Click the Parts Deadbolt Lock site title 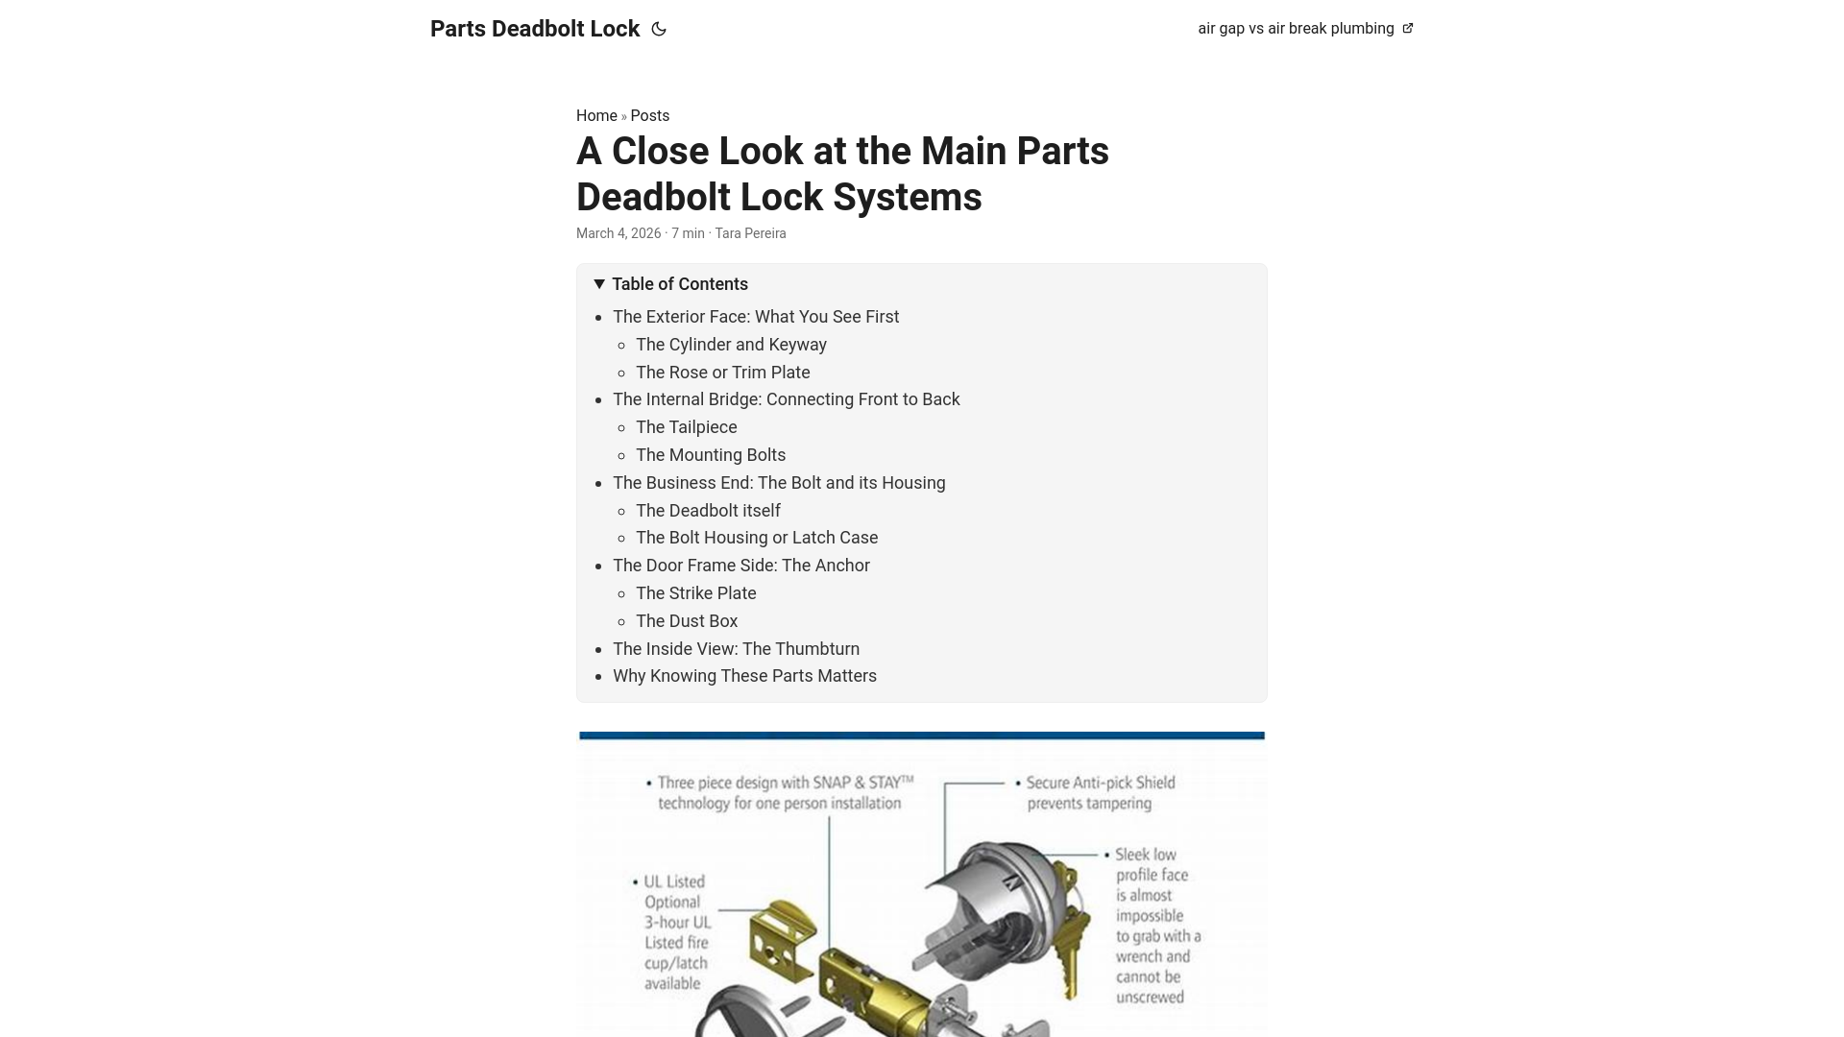[x=534, y=29]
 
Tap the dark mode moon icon [x=659, y=29]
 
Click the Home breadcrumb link [x=596, y=115]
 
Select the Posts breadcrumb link [x=650, y=115]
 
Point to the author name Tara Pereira [x=750, y=233]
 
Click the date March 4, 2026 [x=619, y=233]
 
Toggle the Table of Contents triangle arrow [x=599, y=283]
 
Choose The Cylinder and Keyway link [x=731, y=344]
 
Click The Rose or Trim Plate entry [x=722, y=372]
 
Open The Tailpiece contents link [x=686, y=426]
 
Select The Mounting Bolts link [x=711, y=454]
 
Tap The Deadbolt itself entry [x=708, y=510]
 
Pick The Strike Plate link [x=695, y=592]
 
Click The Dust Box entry [x=687, y=620]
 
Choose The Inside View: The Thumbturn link [x=736, y=648]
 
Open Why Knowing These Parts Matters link [x=744, y=675]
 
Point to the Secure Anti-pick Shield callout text [x=1100, y=792]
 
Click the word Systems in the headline [x=907, y=197]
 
